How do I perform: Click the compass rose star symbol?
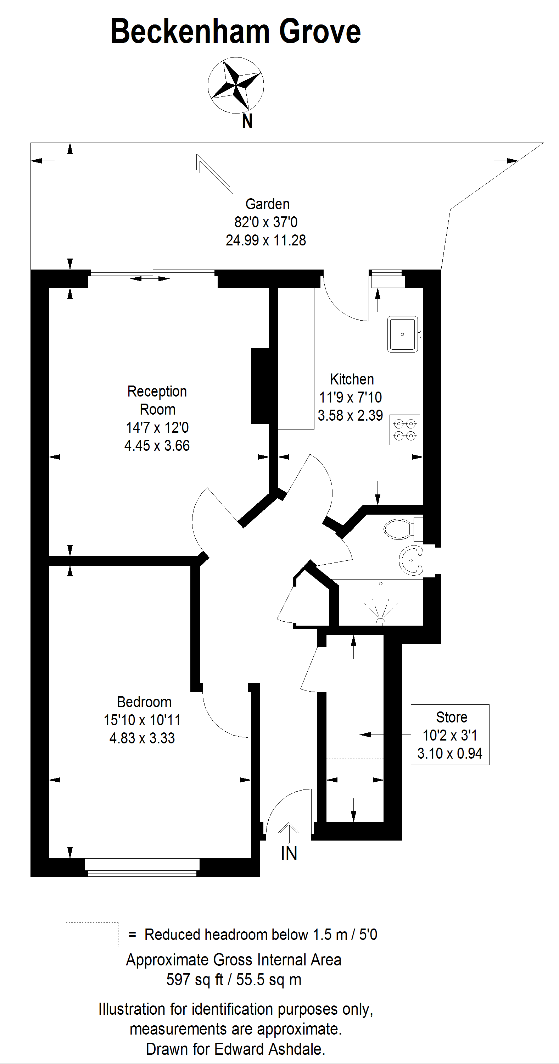pyautogui.click(x=236, y=85)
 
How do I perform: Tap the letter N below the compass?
pyautogui.click(x=247, y=121)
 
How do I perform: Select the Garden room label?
pyautogui.click(x=267, y=204)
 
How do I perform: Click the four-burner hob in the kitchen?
pyautogui.click(x=404, y=430)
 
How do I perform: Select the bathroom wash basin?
pyautogui.click(x=411, y=560)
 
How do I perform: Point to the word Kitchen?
pyautogui.click(x=352, y=379)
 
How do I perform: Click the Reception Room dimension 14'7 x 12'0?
pyautogui.click(x=157, y=427)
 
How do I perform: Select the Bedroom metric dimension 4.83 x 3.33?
pyautogui.click(x=142, y=738)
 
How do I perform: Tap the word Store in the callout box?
pyautogui.click(x=451, y=717)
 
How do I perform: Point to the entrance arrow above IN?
pyautogui.click(x=289, y=831)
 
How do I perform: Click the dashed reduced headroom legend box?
pyautogui.click(x=92, y=935)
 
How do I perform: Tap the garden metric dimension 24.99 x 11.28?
pyautogui.click(x=266, y=240)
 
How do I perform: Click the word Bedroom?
pyautogui.click(x=144, y=702)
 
